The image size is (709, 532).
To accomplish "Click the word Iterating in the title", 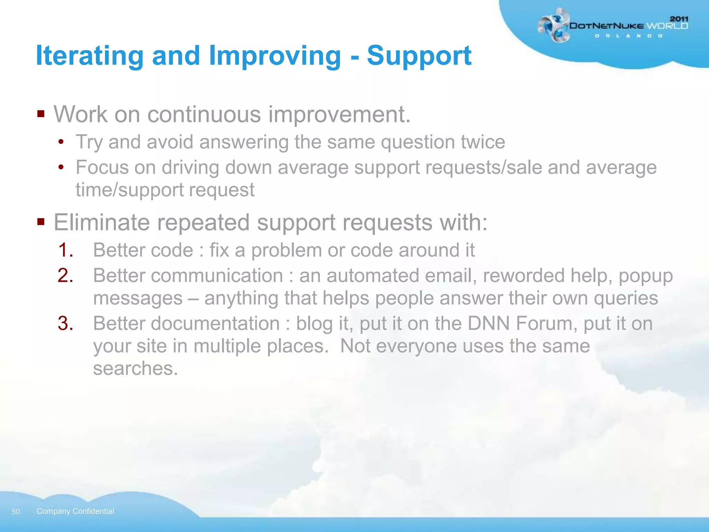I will click(90, 56).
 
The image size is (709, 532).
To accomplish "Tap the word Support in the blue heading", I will click(419, 56).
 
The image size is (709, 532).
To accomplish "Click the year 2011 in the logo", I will click(679, 19).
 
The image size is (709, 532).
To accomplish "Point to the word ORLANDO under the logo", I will click(628, 36).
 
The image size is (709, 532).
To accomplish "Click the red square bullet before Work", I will click(41, 114).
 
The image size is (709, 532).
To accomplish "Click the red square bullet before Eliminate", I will click(41, 221).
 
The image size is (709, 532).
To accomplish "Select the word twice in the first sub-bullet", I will click(483, 142).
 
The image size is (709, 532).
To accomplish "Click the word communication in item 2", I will click(217, 276).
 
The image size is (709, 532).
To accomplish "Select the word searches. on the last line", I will click(135, 368).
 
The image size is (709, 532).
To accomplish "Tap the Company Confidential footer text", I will click(75, 511).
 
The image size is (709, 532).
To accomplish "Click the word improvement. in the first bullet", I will click(339, 114).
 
